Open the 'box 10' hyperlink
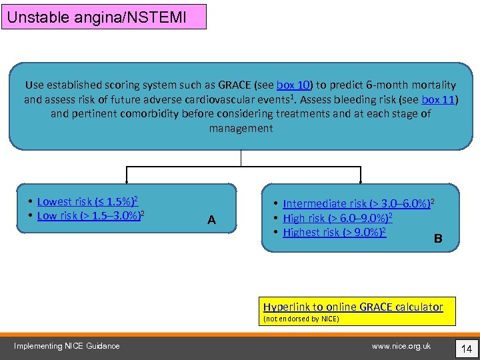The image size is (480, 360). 294,85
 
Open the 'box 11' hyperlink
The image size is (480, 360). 439,100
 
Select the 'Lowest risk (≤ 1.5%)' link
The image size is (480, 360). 87,201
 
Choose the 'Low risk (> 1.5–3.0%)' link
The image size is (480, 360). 91,215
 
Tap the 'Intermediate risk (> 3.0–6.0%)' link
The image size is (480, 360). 358,203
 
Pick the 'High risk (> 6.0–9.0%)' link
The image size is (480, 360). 337,218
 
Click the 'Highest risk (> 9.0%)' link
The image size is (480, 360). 334,233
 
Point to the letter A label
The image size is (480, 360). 211,220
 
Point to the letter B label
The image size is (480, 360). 438,239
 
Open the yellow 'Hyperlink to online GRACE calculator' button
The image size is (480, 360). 353,307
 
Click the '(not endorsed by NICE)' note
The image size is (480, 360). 301,319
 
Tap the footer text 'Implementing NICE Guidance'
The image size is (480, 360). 67,345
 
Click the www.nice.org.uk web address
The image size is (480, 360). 401,345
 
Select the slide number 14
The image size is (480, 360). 467,347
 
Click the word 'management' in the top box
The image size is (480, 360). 241,128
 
